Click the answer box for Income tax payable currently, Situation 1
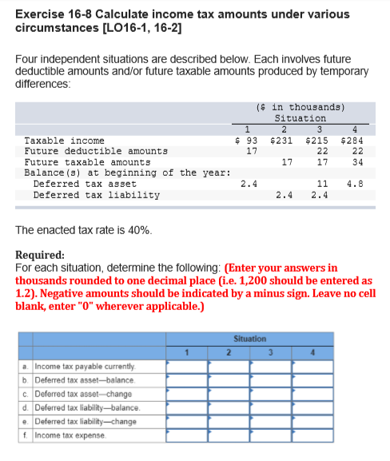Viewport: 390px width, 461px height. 186,366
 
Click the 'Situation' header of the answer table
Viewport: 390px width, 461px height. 249,339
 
